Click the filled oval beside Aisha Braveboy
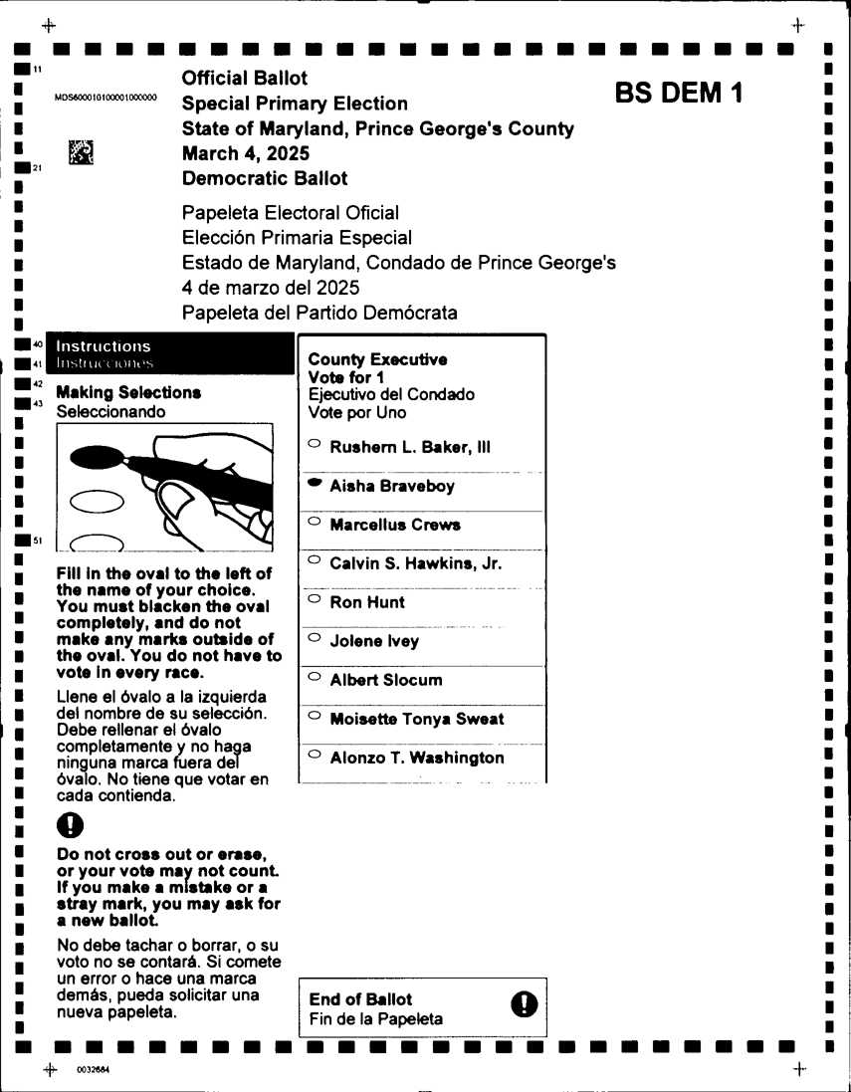point(314,483)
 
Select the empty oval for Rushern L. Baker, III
point(314,444)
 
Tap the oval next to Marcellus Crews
point(314,522)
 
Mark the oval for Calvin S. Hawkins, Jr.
point(314,560)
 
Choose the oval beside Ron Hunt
point(314,599)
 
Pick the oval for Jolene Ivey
point(314,638)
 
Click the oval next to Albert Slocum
point(314,677)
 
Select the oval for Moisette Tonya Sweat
point(314,716)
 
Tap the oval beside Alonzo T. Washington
point(314,755)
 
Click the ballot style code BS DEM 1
point(679,94)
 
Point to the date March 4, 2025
point(245,153)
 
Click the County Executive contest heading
point(377,359)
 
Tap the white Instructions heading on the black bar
point(105,346)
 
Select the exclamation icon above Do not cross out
point(71,824)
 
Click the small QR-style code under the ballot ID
point(81,151)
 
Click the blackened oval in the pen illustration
point(97,457)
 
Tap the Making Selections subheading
point(129,393)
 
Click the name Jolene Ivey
point(374,641)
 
